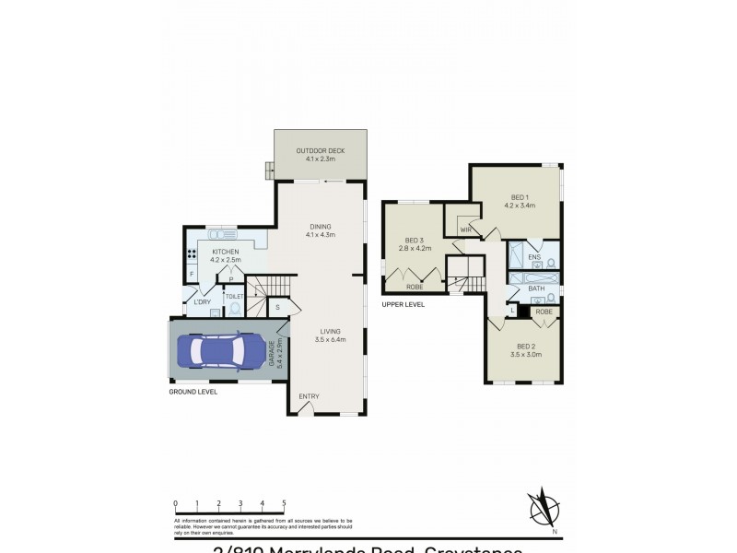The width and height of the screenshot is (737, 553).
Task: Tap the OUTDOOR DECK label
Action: [x=321, y=151]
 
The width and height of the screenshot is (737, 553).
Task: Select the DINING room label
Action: [x=321, y=227]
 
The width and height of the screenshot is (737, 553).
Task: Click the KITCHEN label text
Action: [x=226, y=252]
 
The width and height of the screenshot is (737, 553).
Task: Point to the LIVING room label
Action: [x=331, y=333]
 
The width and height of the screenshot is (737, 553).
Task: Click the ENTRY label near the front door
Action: [x=309, y=396]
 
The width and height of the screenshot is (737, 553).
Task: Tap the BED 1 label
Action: [x=519, y=197]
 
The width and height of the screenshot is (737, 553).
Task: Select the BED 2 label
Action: [x=521, y=346]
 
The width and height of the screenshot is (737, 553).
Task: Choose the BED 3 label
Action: [x=414, y=240]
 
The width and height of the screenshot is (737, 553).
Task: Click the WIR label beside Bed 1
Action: [x=453, y=229]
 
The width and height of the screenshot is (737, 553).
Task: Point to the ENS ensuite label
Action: [x=534, y=256]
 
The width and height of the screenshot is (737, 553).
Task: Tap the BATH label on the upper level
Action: [x=535, y=288]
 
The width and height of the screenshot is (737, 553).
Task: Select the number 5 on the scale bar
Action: [x=284, y=503]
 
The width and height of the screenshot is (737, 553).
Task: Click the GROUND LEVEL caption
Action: [x=193, y=392]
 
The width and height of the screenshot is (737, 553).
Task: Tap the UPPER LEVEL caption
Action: [x=404, y=304]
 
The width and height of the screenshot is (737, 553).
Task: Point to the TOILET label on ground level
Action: [x=235, y=296]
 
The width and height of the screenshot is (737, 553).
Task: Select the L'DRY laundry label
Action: [x=202, y=302]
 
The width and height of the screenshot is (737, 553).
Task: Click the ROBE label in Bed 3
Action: [x=415, y=288]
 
